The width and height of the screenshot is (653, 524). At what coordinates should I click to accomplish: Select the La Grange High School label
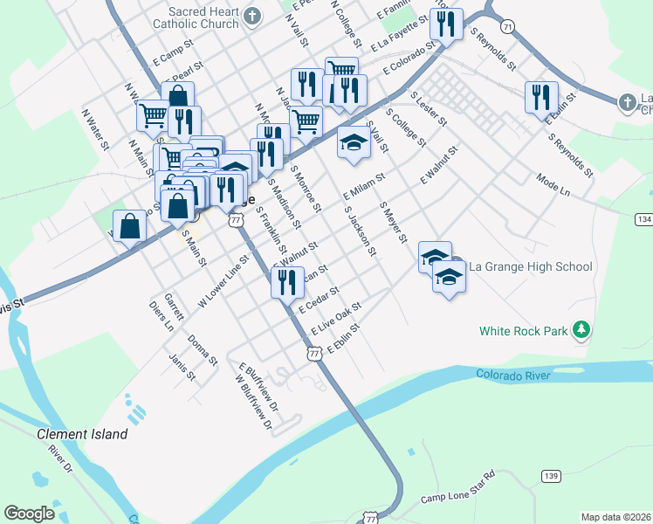531,266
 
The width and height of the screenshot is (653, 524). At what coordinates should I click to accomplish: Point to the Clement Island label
82,434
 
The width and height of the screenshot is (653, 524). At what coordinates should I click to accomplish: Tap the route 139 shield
550,475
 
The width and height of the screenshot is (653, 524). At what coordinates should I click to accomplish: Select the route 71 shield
508,28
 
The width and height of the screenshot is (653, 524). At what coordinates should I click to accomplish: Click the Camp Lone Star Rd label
457,487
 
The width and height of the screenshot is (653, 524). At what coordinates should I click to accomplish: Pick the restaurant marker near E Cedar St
286,282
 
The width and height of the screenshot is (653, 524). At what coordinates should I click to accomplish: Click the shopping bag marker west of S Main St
130,227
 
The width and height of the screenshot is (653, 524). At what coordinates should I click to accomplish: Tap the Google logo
30,514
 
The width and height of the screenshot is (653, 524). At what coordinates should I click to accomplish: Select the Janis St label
182,367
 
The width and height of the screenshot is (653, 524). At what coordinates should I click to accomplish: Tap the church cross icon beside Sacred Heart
252,16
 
